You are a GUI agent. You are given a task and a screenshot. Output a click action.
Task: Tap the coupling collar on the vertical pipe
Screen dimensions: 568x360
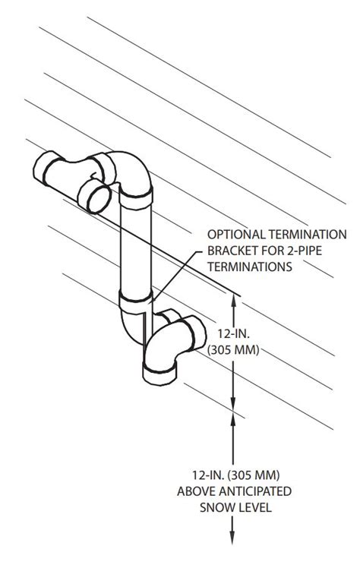tap(136, 298)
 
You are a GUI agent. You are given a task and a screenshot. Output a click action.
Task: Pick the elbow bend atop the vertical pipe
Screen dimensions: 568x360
tap(133, 171)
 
